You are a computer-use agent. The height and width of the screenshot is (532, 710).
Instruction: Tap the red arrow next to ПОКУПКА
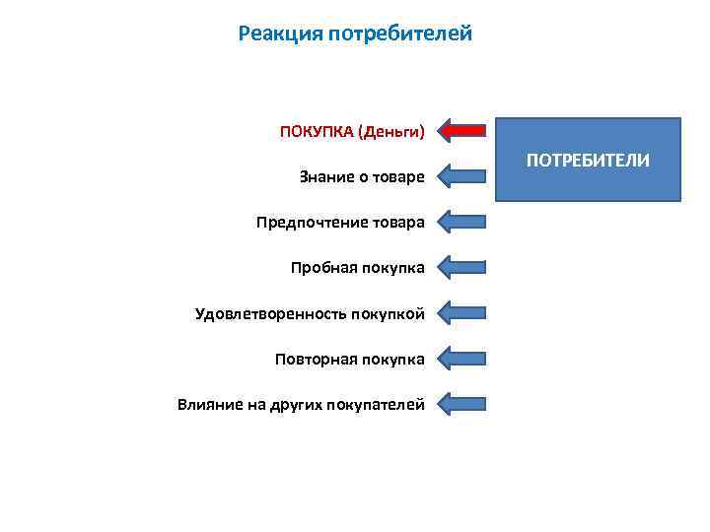click(x=461, y=130)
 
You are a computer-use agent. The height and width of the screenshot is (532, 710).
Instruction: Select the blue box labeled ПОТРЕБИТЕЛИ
click(x=588, y=160)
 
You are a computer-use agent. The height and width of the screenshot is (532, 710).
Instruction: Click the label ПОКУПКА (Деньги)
click(x=352, y=131)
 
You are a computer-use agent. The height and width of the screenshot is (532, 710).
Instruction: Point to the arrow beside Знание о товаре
click(x=461, y=177)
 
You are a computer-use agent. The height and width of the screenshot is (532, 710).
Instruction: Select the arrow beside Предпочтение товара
click(x=461, y=222)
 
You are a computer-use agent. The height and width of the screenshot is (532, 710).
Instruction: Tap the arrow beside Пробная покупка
click(x=461, y=267)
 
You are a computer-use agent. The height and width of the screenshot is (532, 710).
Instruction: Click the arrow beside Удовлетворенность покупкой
click(x=461, y=313)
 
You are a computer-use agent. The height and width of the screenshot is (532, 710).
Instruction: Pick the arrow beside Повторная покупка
click(x=461, y=359)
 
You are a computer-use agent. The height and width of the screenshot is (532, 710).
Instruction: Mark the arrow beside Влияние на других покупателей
click(x=461, y=404)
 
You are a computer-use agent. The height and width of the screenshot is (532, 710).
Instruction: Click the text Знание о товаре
click(x=362, y=177)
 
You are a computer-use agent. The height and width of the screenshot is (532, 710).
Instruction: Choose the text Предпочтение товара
click(x=340, y=222)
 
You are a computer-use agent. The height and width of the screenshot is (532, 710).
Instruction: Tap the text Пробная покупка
click(x=357, y=267)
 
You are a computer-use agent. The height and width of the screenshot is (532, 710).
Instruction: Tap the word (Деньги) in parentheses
click(x=391, y=131)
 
